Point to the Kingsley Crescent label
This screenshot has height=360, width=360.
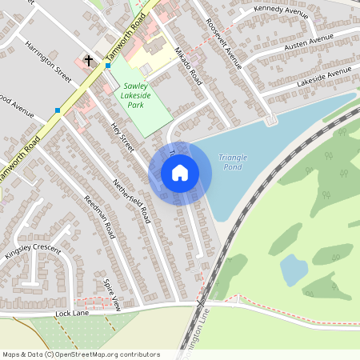tap(33, 252)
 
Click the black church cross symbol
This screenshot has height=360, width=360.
tap(88, 60)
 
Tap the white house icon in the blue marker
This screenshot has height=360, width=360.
tap(180, 173)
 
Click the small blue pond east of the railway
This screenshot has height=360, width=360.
tap(294, 270)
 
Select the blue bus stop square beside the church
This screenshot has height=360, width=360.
tap(108, 66)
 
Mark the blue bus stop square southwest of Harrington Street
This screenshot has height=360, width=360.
tap(58, 110)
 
